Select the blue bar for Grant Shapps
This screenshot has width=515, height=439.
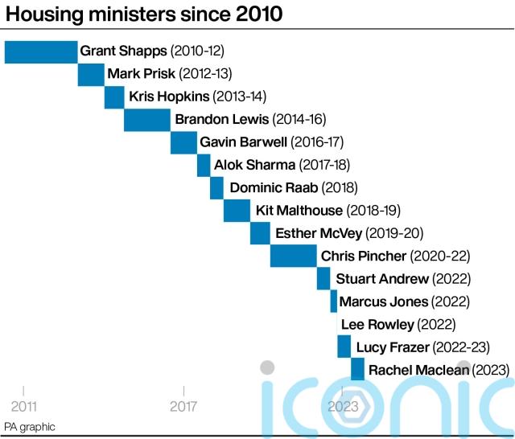pos(41,51)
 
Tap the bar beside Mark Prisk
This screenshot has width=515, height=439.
pos(91,74)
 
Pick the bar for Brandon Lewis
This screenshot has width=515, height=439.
pos(147,119)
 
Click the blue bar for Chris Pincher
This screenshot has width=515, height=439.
pos(294,256)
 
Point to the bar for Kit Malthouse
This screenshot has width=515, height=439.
pos(237,211)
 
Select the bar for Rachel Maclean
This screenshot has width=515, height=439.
pos(358,369)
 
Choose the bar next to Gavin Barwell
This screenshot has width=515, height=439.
pos(183,142)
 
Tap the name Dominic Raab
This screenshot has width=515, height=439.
pos(274,188)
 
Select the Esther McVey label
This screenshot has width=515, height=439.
pos(318,233)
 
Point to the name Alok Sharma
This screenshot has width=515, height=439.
pos(254,165)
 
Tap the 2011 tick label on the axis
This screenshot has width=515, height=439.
pos(23,406)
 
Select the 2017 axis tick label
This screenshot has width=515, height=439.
pos(183,406)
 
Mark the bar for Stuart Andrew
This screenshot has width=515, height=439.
pos(323,279)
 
